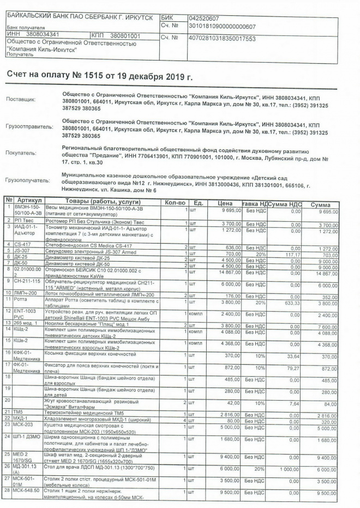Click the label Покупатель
tap(22, 153)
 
